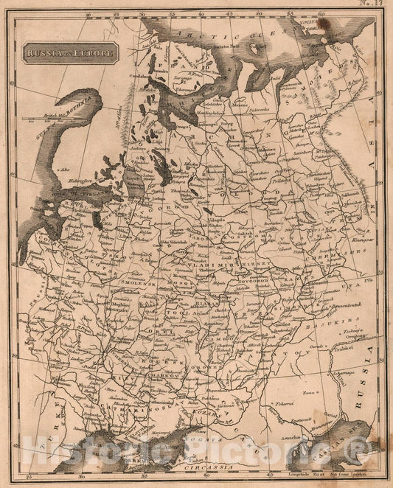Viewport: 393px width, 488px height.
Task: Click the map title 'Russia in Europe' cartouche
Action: [70, 54]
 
